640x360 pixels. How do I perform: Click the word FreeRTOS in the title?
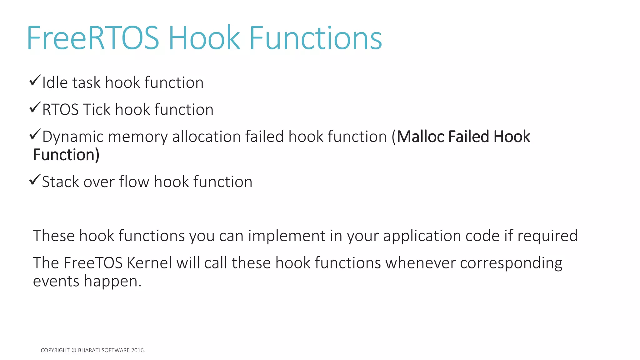[x=93, y=38]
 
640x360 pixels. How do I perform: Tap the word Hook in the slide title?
[x=204, y=38]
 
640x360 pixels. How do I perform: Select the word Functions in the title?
[x=315, y=38]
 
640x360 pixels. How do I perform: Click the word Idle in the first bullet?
[x=55, y=83]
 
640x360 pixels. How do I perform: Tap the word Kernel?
[x=149, y=263]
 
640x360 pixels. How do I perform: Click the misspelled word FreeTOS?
[x=93, y=263]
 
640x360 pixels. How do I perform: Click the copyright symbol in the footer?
[x=74, y=350]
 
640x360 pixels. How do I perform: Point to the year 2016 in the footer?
[x=138, y=350]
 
